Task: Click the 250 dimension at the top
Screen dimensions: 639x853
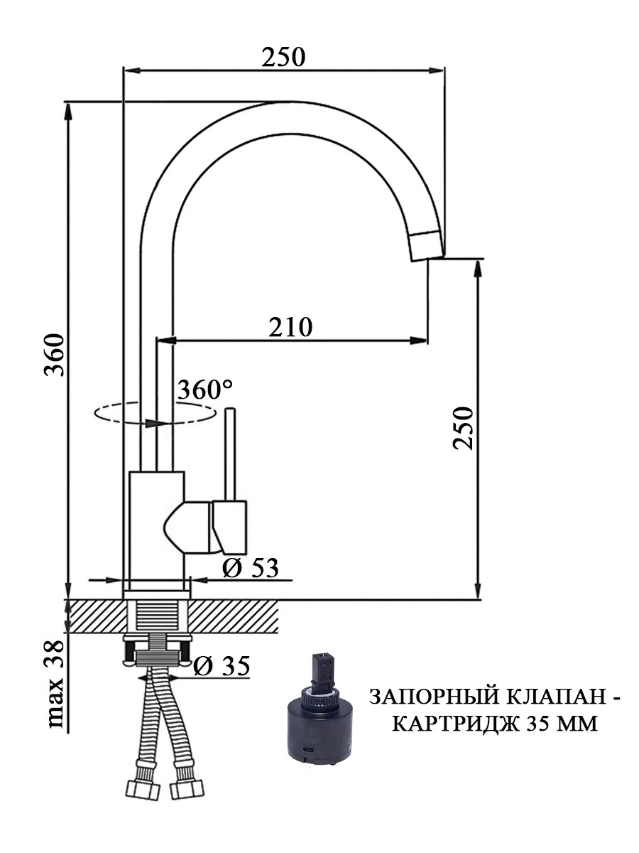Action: pos(283,58)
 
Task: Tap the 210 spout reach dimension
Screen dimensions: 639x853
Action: pos(290,328)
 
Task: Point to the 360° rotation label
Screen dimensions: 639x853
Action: pos(205,390)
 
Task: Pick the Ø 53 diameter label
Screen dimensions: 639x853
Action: pos(250,568)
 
